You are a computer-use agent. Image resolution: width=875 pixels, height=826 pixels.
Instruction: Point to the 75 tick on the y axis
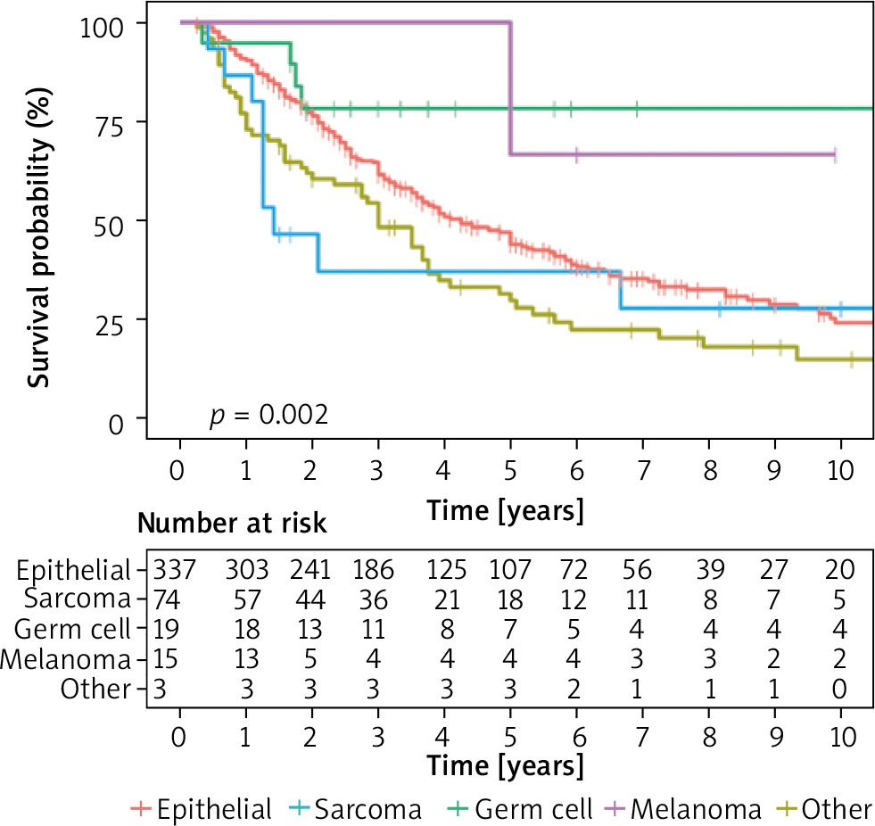(x=110, y=121)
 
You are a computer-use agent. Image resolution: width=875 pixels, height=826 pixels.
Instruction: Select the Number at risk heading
(x=232, y=525)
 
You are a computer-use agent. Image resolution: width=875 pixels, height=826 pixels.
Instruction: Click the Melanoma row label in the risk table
(x=67, y=659)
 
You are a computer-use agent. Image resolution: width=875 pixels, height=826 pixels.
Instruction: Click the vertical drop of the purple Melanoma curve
(x=510, y=89)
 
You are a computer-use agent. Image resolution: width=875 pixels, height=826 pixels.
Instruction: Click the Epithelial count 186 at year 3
(x=379, y=569)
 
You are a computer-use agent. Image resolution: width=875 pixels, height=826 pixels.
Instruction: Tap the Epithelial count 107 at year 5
(x=510, y=569)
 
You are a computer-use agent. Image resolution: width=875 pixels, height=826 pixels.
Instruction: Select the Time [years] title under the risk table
(x=506, y=765)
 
